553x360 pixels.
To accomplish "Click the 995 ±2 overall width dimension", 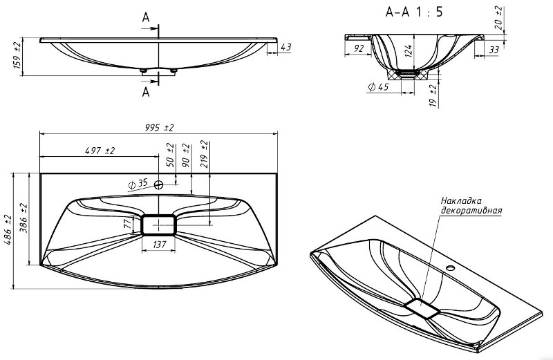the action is [x=160, y=128].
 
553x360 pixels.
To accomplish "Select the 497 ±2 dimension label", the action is [x=100, y=151].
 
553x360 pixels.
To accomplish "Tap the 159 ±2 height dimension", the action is [x=18, y=56].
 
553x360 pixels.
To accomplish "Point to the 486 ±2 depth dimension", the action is [x=8, y=230].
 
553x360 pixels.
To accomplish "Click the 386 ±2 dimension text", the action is [x=24, y=218].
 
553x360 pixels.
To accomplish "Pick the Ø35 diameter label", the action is [x=138, y=184].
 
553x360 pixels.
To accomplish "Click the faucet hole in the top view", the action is [x=159, y=184].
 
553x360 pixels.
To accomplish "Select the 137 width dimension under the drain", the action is [x=159, y=245].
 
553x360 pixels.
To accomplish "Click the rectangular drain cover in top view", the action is [x=158, y=225].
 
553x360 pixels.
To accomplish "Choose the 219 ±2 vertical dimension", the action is [x=205, y=153].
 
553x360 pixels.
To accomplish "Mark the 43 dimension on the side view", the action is [x=285, y=47].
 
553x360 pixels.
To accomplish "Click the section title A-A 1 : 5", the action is [x=413, y=12].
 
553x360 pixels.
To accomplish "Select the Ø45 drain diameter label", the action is [x=379, y=87].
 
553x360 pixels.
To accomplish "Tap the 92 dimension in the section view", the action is [x=358, y=48].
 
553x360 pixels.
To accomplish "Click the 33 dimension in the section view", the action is [x=494, y=50].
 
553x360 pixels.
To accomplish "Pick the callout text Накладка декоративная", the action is [x=471, y=205].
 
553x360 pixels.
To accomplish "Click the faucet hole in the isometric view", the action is [x=450, y=268].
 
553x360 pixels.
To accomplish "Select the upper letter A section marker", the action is [x=146, y=17].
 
